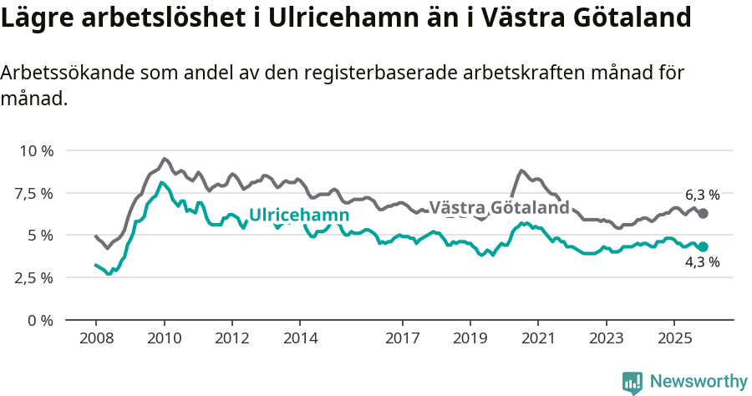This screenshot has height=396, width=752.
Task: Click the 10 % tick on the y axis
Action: click(37, 150)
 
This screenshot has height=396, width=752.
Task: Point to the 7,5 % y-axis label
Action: click(35, 193)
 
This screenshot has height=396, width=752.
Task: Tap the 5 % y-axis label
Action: click(41, 236)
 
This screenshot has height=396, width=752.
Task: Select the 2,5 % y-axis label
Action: click(35, 277)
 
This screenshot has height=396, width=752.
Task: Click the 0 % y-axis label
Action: click(41, 320)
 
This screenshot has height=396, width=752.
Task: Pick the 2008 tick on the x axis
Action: click(95, 338)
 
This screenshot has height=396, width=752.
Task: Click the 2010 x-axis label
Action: click(164, 338)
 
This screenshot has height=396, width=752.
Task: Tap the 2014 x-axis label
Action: click(300, 338)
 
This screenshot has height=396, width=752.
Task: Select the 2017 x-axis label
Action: click(402, 338)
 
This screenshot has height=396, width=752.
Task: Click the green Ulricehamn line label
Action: click(299, 215)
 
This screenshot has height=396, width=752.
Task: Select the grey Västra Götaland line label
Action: click(499, 207)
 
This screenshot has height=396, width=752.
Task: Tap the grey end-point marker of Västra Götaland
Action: click(703, 214)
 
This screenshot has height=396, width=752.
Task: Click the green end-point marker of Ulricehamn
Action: click(703, 247)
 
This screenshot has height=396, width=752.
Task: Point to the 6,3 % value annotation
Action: click(702, 195)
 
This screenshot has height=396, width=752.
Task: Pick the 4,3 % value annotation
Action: click(702, 262)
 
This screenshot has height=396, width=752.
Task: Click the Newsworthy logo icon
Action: click(633, 382)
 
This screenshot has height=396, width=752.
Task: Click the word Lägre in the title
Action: click(35, 18)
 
